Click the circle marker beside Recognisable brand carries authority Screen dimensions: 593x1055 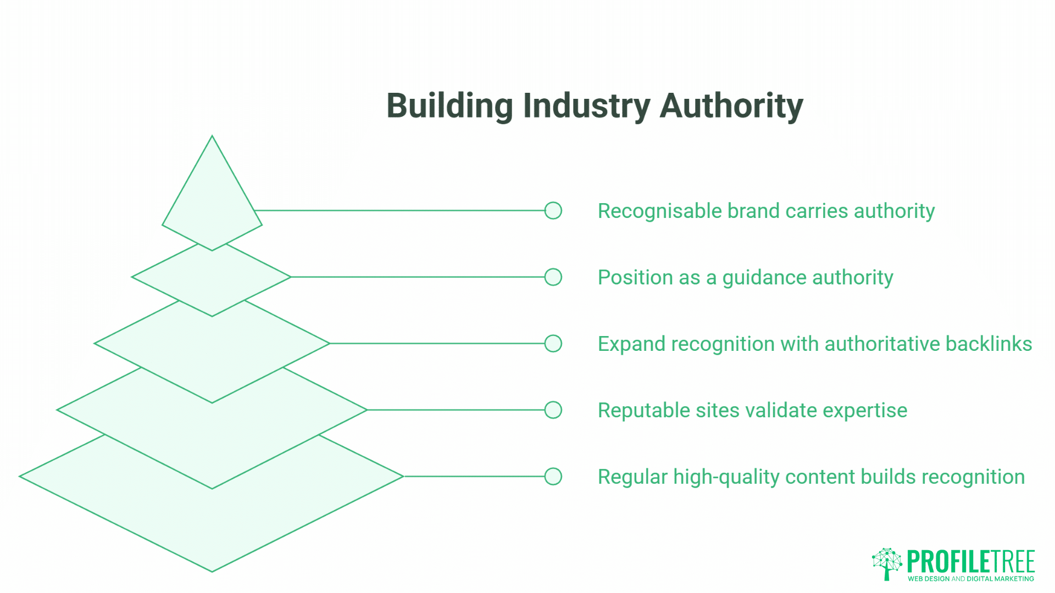tap(553, 210)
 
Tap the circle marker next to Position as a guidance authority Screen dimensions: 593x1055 tap(553, 277)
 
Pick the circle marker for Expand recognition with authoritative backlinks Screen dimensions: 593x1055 tap(553, 344)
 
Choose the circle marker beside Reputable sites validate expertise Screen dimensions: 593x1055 tap(553, 410)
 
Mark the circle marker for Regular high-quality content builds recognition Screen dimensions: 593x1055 tap(553, 477)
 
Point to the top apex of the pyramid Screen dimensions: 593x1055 tap(212, 137)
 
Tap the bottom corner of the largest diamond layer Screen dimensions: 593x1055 tap(212, 571)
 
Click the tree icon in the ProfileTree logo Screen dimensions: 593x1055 tap(887, 563)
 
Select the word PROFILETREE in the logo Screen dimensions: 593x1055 tap(970, 561)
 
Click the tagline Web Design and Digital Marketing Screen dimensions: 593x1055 tap(970, 579)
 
